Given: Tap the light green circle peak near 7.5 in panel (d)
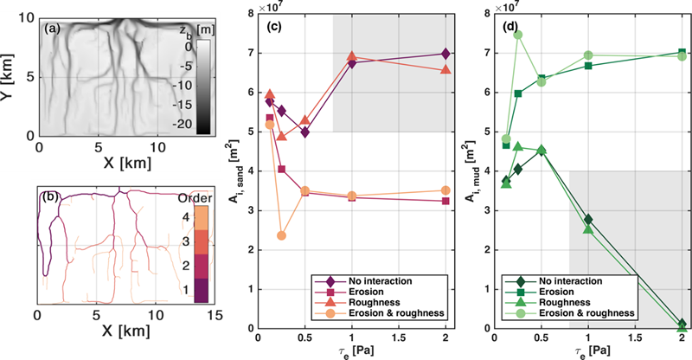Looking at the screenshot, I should coord(518,35).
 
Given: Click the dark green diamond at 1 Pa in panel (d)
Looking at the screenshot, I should coord(588,220).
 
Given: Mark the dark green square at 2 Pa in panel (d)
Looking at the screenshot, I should coord(680,52).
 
